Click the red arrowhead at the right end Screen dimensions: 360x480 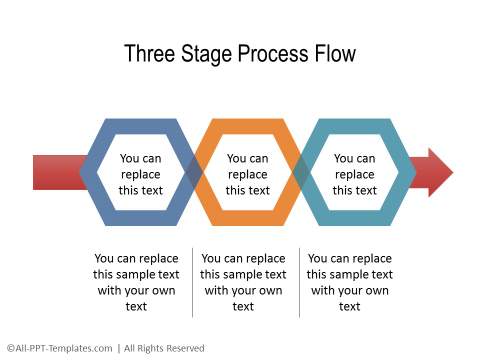pyautogui.click(x=437, y=172)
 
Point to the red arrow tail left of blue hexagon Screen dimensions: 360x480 pyautogui.click(x=55, y=172)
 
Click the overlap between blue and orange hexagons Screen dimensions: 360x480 pyautogui.click(x=194, y=172)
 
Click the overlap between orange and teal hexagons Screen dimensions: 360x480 pyautogui.click(x=301, y=172)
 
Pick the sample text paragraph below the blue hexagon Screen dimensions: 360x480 pyautogui.click(x=136, y=281)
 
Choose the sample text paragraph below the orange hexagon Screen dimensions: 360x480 pyautogui.click(x=243, y=281)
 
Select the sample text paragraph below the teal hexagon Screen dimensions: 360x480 pyautogui.click(x=349, y=281)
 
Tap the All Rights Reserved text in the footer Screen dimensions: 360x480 pyautogui.click(x=165, y=348)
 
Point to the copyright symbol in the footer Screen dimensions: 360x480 pyautogui.click(x=8, y=348)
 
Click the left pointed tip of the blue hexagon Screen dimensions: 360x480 pyautogui.click(x=82, y=172)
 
